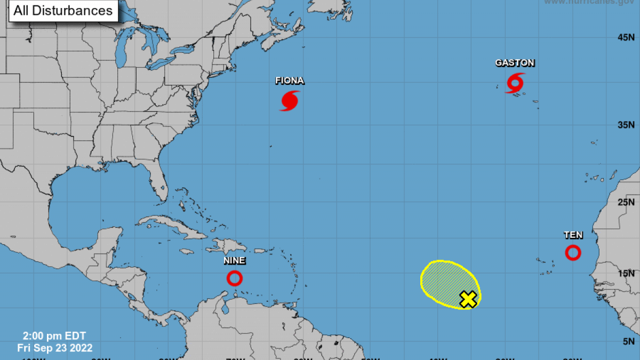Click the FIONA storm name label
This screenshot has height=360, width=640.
[x=290, y=81]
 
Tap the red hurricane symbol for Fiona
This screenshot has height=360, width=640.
[x=290, y=100]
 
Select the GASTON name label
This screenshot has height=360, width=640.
[x=515, y=63]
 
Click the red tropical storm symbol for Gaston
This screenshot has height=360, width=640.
[x=515, y=83]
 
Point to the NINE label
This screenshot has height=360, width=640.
[x=234, y=261]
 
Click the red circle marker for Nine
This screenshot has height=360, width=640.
[x=234, y=278]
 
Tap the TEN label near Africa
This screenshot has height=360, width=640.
[x=573, y=235]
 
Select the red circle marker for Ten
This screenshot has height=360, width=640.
[x=573, y=252]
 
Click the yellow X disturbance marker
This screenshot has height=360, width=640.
[x=468, y=299]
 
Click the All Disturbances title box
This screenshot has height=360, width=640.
[x=63, y=11]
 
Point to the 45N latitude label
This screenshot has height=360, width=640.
[x=626, y=37]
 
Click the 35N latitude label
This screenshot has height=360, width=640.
[x=626, y=125]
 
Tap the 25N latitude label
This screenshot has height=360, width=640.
[x=626, y=202]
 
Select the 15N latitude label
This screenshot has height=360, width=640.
[x=626, y=273]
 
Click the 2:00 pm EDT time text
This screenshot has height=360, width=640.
[x=54, y=337]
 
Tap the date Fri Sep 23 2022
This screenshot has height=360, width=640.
[x=54, y=348]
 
